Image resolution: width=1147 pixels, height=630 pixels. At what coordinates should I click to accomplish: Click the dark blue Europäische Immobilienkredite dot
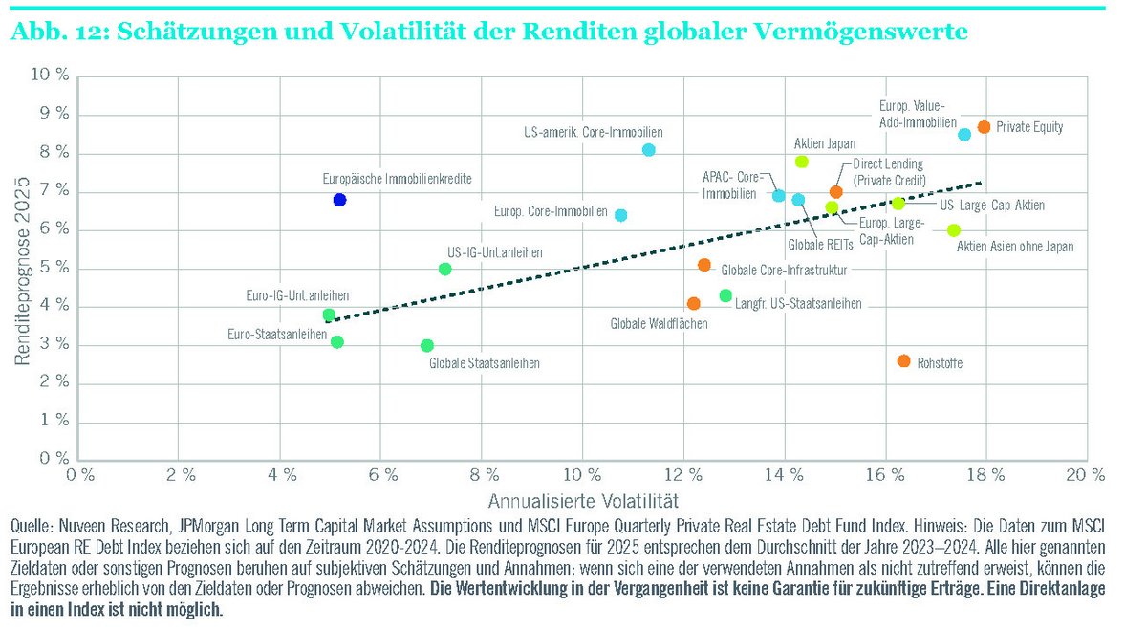339,200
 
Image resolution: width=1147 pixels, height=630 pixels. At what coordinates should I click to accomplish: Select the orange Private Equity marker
984,127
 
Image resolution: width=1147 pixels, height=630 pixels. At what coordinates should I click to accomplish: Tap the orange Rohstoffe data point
904,361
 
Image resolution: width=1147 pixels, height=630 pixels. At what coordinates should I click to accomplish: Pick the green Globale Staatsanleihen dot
427,345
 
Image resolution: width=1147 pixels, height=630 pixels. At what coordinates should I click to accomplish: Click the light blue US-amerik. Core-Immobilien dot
649,150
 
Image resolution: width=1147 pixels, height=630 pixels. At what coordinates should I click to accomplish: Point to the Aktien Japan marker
802,162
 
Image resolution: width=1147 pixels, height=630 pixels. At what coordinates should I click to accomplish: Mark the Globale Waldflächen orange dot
694,303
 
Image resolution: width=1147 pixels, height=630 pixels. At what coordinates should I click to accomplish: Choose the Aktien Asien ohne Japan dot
954,230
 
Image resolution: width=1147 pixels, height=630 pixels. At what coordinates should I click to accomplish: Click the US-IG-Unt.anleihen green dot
444,269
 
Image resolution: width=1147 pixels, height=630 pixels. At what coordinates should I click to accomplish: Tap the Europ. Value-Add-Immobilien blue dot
964,135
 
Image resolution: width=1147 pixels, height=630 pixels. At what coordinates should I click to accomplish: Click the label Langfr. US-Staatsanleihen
798,304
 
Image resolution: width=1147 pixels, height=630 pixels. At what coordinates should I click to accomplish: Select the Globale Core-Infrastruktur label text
784,271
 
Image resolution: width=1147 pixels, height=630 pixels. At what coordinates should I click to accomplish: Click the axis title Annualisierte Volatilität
582,500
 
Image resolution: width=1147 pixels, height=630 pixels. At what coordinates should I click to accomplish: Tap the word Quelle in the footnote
31,526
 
